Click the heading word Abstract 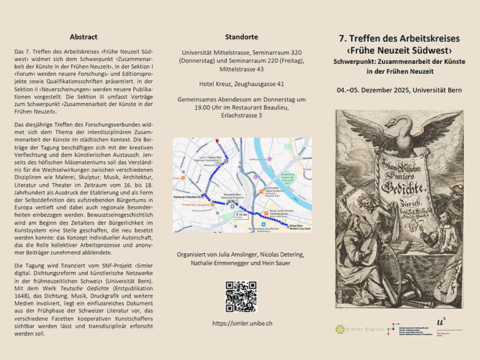point(83,37)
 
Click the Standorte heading point(240,37)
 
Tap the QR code point(240,296)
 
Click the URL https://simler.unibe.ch point(240,323)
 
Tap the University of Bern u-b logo point(444,325)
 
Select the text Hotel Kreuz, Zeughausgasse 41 point(240,84)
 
